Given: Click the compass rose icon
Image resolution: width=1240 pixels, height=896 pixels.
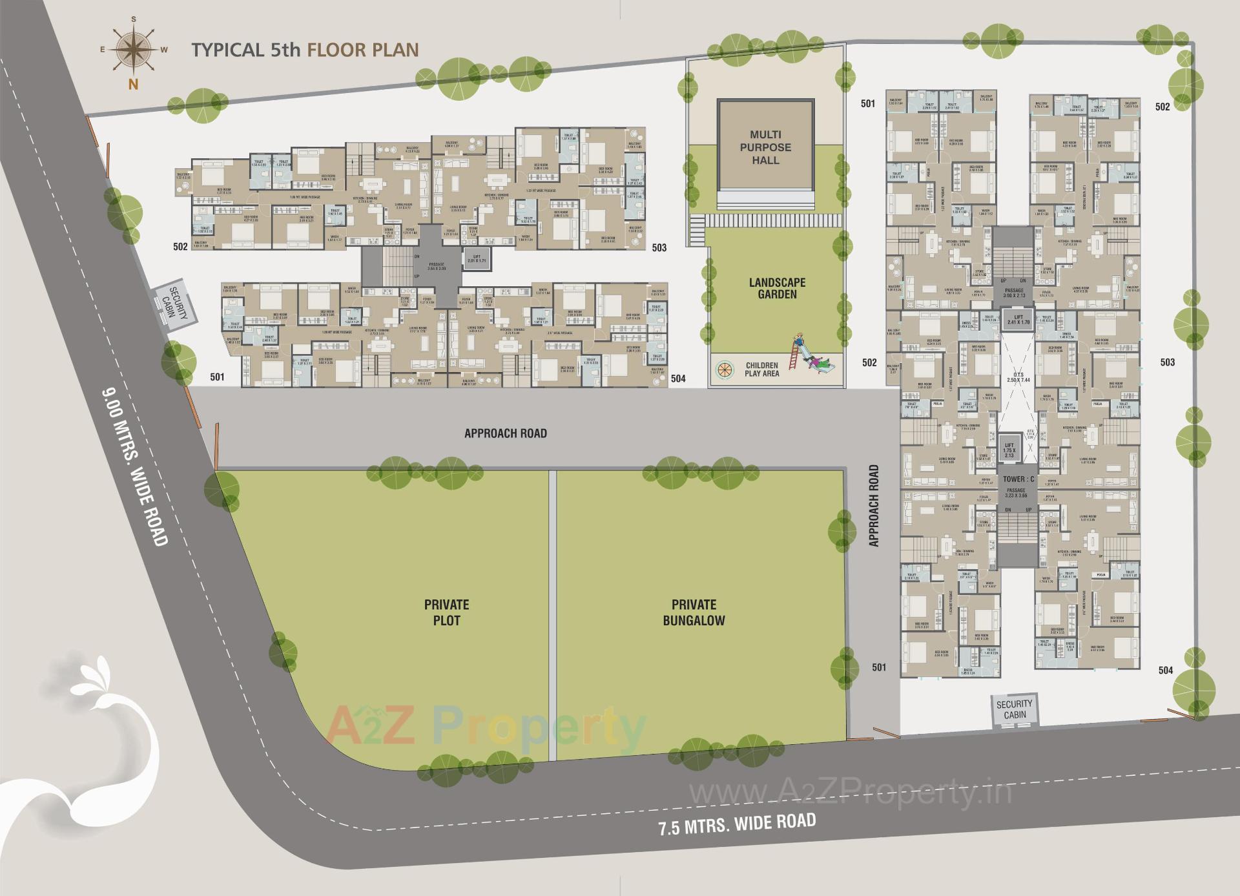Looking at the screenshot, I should pyautogui.click(x=133, y=50).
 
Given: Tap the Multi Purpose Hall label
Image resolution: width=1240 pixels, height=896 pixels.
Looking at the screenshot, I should pyautogui.click(x=765, y=147).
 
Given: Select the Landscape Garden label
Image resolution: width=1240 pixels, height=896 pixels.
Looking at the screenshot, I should pyautogui.click(x=777, y=288).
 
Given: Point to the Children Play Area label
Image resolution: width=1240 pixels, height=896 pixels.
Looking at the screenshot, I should pyautogui.click(x=761, y=370).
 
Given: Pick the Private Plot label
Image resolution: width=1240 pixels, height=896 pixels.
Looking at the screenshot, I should pyautogui.click(x=446, y=612).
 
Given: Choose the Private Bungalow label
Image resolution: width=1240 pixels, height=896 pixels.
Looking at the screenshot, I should pyautogui.click(x=694, y=612).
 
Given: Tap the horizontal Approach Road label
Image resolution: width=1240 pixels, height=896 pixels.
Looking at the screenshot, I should pyautogui.click(x=506, y=433).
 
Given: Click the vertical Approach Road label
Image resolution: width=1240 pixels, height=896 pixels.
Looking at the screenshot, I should pyautogui.click(x=874, y=506).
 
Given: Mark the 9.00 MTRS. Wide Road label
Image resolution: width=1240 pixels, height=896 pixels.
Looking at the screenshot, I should pyautogui.click(x=136, y=466).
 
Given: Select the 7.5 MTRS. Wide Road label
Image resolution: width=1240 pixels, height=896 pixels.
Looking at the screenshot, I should pyautogui.click(x=737, y=824).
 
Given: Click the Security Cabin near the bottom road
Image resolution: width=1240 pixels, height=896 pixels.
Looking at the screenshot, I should pyautogui.click(x=1014, y=709).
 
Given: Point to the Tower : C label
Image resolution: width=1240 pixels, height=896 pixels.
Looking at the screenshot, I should pyautogui.click(x=1018, y=479).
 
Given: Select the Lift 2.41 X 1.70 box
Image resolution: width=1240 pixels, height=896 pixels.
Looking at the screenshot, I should pyautogui.click(x=1018, y=319).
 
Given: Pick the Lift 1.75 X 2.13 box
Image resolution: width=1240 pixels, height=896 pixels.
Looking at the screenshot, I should pyautogui.click(x=1009, y=450).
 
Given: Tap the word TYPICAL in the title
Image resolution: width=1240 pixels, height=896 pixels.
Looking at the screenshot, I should pyautogui.click(x=227, y=50).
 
